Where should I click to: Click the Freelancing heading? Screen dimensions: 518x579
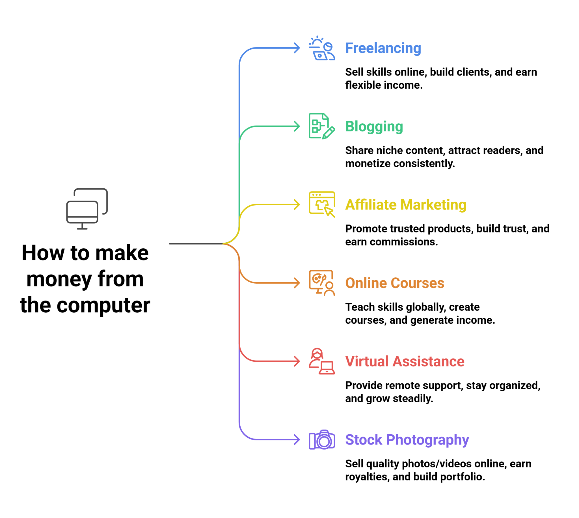coord(383,48)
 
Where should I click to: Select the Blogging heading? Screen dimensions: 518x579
coord(374,126)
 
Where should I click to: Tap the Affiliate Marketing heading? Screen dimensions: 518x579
coord(405,205)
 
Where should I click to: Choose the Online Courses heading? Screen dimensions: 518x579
coord(395,283)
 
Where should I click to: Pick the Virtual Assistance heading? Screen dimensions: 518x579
coord(405,361)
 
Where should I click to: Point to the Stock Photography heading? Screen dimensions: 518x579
coord(407,439)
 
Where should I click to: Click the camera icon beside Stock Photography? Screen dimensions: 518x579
coord(322,440)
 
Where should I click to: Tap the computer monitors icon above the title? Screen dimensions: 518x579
coord(87,209)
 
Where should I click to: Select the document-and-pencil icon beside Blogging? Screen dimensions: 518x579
coord(321,126)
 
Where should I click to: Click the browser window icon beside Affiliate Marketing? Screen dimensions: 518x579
coord(322,204)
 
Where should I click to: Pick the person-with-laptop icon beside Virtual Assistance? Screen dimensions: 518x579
coord(322,361)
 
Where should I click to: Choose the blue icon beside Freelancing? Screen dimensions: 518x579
coord(322,48)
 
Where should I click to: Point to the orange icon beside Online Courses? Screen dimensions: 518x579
coord(322,283)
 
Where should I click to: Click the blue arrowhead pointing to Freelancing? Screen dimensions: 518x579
coord(297,48)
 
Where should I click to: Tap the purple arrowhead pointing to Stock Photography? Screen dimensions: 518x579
coord(297,439)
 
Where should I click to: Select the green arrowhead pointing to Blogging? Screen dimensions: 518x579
coord(297,126)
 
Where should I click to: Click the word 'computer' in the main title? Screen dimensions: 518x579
coord(103,305)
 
